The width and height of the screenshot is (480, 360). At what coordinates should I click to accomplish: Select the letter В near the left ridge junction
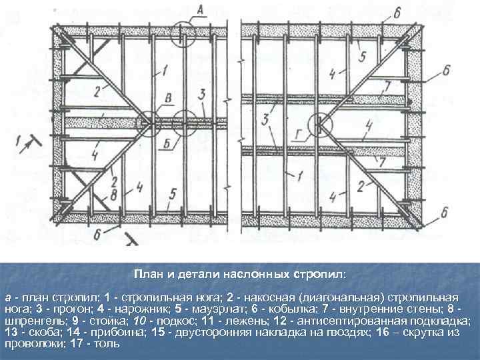tap(168, 99)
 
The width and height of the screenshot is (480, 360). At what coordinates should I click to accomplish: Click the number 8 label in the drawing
tap(114, 195)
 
